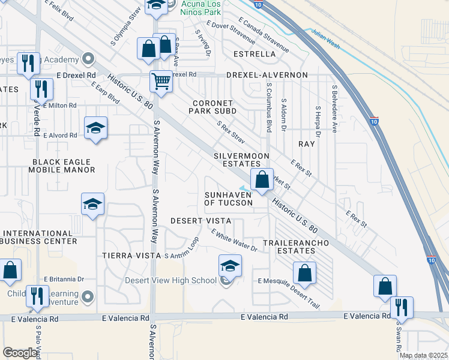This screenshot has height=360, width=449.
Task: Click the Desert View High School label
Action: pos(170,280)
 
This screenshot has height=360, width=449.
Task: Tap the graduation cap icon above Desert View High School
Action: pos(230,265)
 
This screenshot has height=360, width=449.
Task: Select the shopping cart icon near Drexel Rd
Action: pos(161,80)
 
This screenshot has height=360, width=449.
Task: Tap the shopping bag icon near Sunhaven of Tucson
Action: pos(262,179)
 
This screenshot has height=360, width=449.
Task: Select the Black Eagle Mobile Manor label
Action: pos(62,166)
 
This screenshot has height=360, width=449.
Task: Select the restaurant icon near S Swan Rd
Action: pos(402,307)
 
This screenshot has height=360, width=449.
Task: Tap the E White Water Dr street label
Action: pos(234,243)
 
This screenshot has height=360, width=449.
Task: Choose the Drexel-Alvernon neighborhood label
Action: pos(267,75)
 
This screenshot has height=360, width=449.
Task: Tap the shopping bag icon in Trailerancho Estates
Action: pos(305,272)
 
